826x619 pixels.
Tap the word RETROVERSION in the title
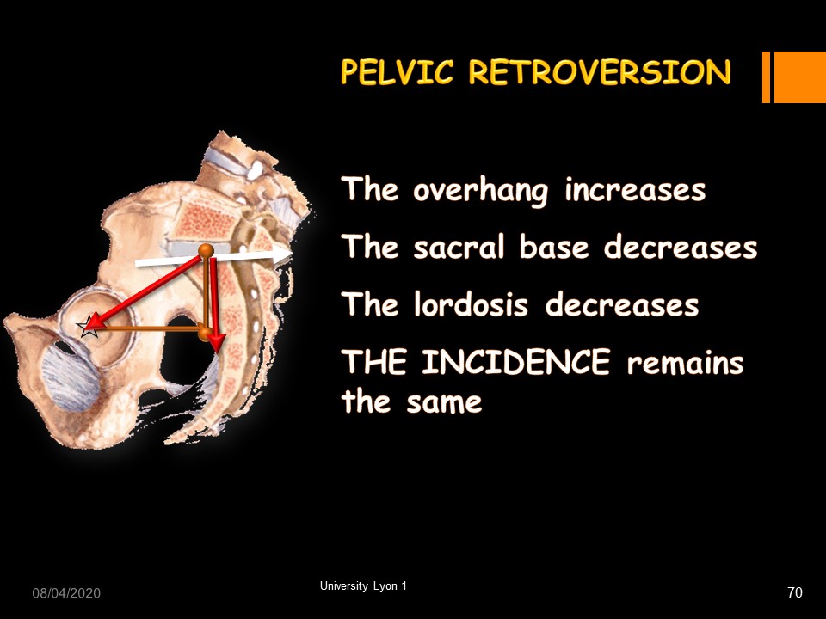click(x=600, y=72)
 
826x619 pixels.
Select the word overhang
click(x=480, y=191)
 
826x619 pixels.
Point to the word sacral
click(x=459, y=247)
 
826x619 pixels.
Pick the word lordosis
click(x=471, y=304)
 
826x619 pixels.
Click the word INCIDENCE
click(x=515, y=362)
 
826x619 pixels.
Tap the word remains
click(x=686, y=362)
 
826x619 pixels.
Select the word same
click(x=444, y=402)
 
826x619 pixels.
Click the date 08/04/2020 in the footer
click(x=66, y=593)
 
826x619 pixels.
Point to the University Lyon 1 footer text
click(x=363, y=585)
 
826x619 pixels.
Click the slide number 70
click(x=795, y=592)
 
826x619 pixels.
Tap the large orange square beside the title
click(x=799, y=77)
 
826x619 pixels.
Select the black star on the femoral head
click(x=89, y=327)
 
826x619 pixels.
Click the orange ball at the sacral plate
click(x=206, y=250)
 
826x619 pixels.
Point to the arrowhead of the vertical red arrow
click(x=215, y=342)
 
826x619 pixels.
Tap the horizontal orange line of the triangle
click(x=147, y=328)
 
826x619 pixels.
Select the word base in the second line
click(x=553, y=247)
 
